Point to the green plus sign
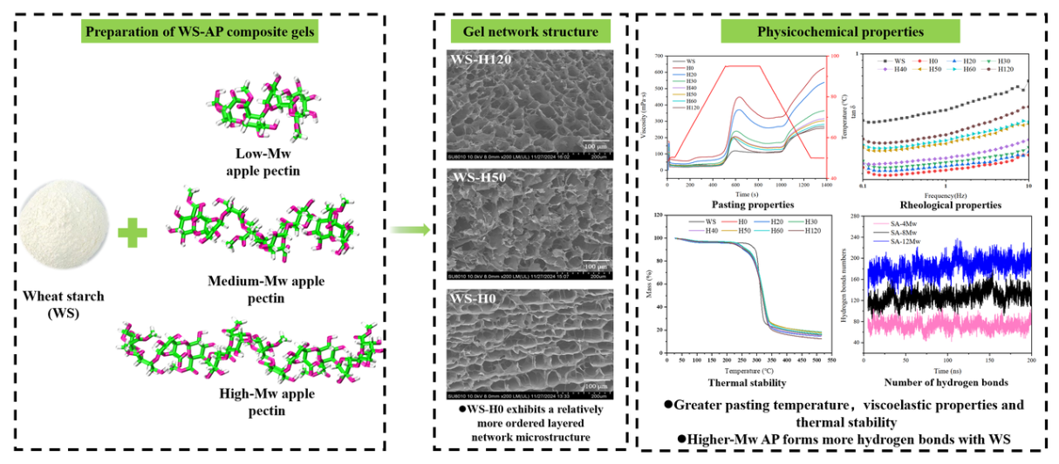(132, 232)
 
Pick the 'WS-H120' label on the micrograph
(478, 61)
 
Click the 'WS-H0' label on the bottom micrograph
(472, 301)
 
